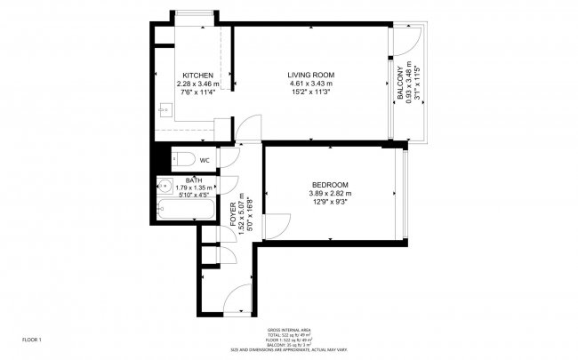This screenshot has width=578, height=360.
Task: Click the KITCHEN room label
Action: pos(197,75)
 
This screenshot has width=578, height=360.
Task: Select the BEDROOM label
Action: pos(330,185)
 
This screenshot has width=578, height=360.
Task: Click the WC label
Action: pos(204,161)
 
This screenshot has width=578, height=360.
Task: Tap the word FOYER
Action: pos(234,219)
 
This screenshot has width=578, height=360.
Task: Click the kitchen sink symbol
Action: pos(164,111)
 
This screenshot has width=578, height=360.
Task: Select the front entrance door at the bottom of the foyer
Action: pos(234,303)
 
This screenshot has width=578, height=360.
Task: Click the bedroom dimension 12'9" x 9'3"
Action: pos(330,203)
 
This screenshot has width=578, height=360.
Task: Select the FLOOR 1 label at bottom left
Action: pos(32,340)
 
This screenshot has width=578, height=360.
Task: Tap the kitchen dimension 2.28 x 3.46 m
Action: pos(197,84)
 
